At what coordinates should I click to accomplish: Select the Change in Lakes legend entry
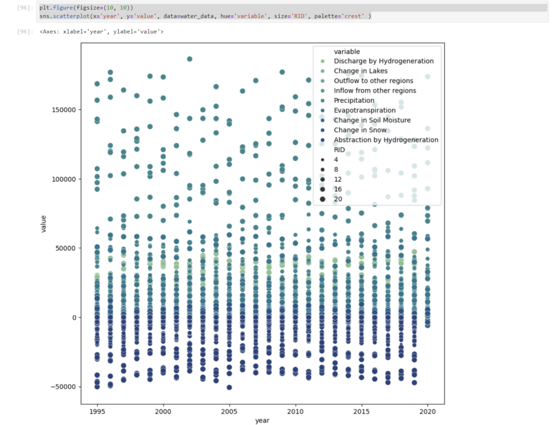coord(360,71)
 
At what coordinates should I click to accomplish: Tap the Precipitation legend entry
coord(354,100)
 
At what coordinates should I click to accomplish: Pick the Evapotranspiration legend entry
coord(365,110)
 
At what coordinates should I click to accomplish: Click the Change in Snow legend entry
coord(360,130)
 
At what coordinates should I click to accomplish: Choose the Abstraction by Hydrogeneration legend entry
coord(386,140)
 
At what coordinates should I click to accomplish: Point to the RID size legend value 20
coord(338,199)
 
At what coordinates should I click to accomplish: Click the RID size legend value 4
coord(336,160)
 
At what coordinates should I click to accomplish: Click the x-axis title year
coord(262,421)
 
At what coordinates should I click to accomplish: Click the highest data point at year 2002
coord(190,59)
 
